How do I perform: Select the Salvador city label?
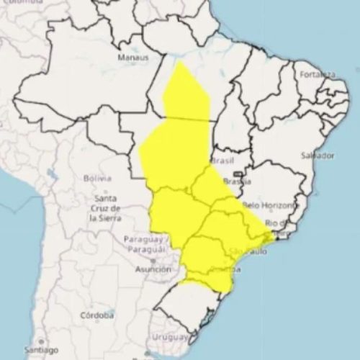(318, 156)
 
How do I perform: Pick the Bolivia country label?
(97, 178)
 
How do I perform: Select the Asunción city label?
(153, 269)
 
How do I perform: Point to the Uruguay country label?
(170, 337)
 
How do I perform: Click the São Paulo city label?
(247, 251)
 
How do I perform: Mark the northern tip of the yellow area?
(179, 63)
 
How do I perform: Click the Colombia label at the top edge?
(16, 3)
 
